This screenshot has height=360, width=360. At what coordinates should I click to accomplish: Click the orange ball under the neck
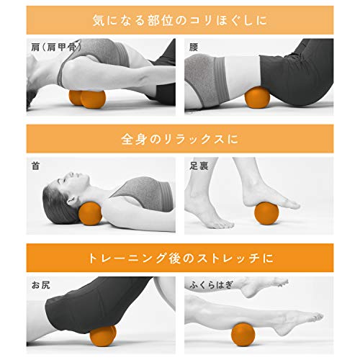[90, 213]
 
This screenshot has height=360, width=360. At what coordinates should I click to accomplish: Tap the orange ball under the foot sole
[266, 213]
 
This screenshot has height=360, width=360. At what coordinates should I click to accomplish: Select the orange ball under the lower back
[257, 98]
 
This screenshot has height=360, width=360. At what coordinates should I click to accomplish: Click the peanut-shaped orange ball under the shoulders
[87, 99]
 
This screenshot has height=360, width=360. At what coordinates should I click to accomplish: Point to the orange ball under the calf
[243, 335]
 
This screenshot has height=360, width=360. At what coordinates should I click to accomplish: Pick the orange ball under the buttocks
[103, 336]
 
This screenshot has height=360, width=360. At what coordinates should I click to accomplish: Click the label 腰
[193, 47]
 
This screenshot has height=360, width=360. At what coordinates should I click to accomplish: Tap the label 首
[35, 166]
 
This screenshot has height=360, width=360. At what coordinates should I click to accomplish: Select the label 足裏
[199, 166]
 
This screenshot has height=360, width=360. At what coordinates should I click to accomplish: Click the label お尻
[41, 285]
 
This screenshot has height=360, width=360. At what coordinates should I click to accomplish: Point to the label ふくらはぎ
[212, 284]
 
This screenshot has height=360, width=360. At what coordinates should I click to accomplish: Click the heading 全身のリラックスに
[180, 139]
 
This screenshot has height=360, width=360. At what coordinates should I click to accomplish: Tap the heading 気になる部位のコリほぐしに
[180, 20]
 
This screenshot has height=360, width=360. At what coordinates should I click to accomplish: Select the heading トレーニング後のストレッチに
[181, 258]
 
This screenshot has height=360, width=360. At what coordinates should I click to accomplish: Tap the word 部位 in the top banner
[161, 20]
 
